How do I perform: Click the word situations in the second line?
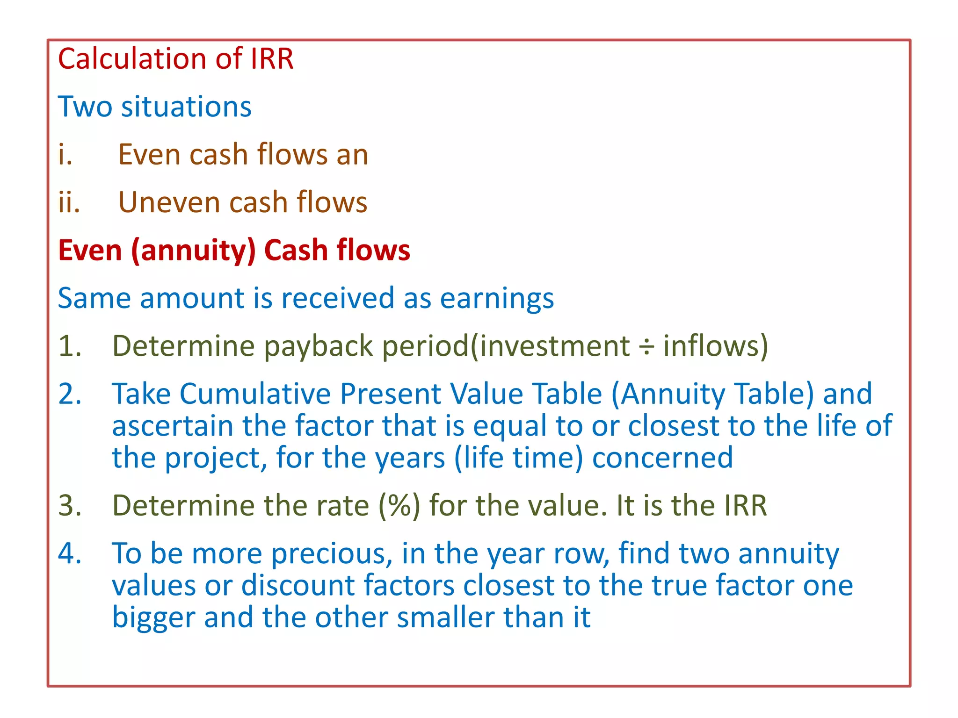click(x=186, y=107)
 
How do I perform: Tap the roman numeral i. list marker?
click(x=65, y=155)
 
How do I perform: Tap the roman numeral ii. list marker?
click(x=69, y=202)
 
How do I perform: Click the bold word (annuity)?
click(x=193, y=251)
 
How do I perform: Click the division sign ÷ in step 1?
click(x=646, y=347)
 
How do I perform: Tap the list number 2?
click(x=70, y=394)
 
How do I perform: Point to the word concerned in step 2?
click(x=662, y=458)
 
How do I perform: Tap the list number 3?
click(x=70, y=506)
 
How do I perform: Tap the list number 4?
click(x=70, y=554)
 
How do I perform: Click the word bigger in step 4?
click(x=153, y=618)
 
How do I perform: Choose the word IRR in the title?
click(x=272, y=59)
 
